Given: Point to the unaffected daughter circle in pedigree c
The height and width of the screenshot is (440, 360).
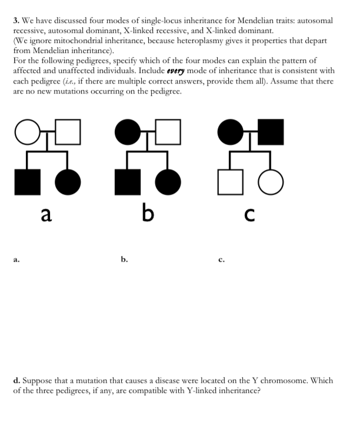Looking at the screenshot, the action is coord(270,182).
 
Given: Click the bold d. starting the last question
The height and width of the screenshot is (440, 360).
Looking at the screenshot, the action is coord(17,381).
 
